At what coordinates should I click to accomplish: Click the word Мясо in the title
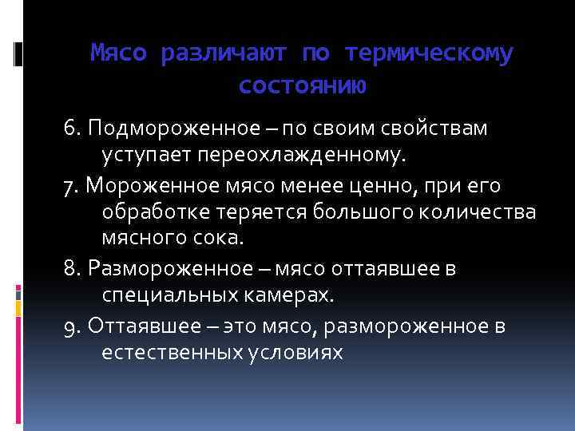[x=119, y=53]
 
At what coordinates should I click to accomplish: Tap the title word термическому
[x=429, y=53]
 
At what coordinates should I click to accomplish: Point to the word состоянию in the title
[x=302, y=85]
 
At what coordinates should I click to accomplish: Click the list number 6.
[x=71, y=128]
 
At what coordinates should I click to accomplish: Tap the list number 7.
[x=69, y=185]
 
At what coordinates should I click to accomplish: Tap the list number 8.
[x=70, y=268]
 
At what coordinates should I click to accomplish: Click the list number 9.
[x=70, y=326]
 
